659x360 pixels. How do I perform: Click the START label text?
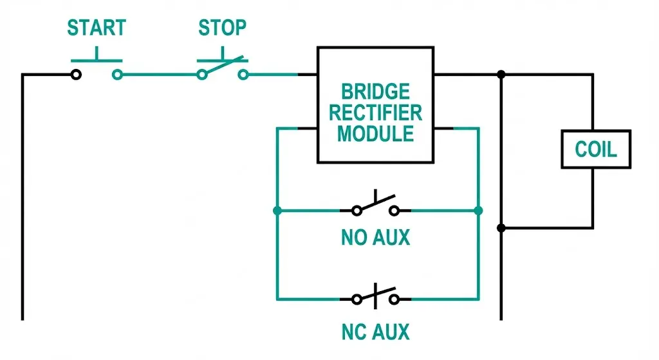(97, 28)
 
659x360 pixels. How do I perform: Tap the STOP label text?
(222, 28)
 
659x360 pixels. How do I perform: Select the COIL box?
(595, 149)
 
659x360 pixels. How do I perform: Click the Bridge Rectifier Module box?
(375, 104)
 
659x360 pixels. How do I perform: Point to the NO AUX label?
(375, 238)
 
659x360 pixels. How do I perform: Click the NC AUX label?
(375, 332)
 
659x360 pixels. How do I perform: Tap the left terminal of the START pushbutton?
(76, 75)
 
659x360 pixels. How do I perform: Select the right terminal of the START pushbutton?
(117, 75)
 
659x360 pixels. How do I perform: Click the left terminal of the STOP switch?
(202, 75)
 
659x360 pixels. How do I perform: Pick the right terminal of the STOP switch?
(243, 75)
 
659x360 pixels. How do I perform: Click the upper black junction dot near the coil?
(501, 75)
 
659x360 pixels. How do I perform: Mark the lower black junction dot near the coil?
(501, 228)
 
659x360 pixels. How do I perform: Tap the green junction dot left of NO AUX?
(277, 211)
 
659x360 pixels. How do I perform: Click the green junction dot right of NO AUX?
(478, 211)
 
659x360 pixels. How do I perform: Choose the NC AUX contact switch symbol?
(375, 298)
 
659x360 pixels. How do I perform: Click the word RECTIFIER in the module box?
(375, 113)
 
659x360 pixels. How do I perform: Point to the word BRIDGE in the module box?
(375, 91)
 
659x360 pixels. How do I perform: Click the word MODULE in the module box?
(375, 134)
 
